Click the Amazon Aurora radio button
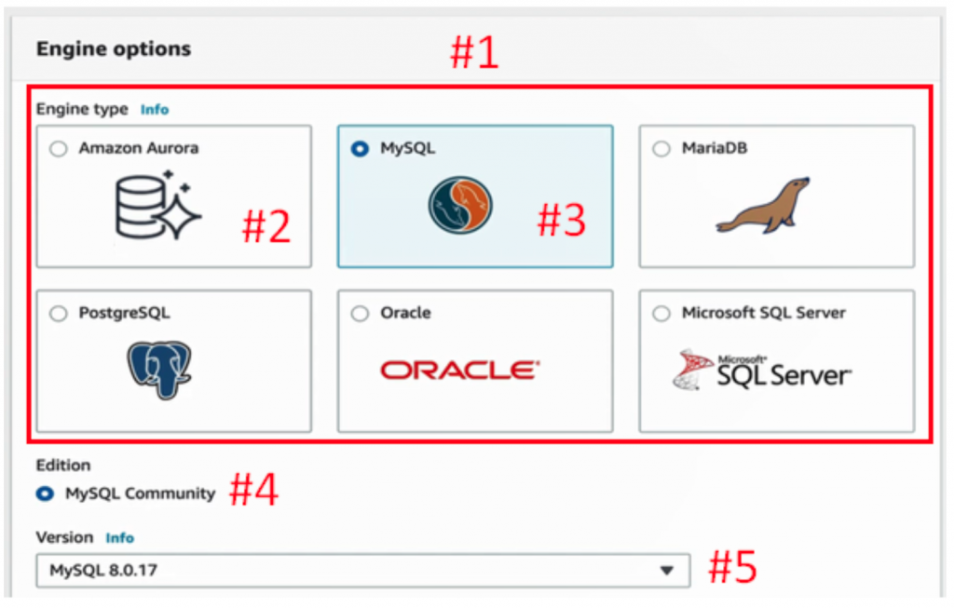(59, 149)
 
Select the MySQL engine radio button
(361, 149)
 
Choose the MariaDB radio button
(661, 149)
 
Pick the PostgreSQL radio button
(59, 314)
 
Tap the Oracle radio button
(361, 314)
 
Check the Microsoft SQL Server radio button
(661, 314)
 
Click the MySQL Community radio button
(45, 493)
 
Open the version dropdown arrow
(666, 571)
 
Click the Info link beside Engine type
(155, 110)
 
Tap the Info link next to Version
(119, 538)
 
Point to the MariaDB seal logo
(762, 205)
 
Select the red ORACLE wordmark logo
(459, 371)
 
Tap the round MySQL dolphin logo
(460, 205)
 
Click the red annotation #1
(474, 54)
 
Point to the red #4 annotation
(254, 491)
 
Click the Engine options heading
(114, 48)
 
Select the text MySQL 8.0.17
(103, 571)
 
